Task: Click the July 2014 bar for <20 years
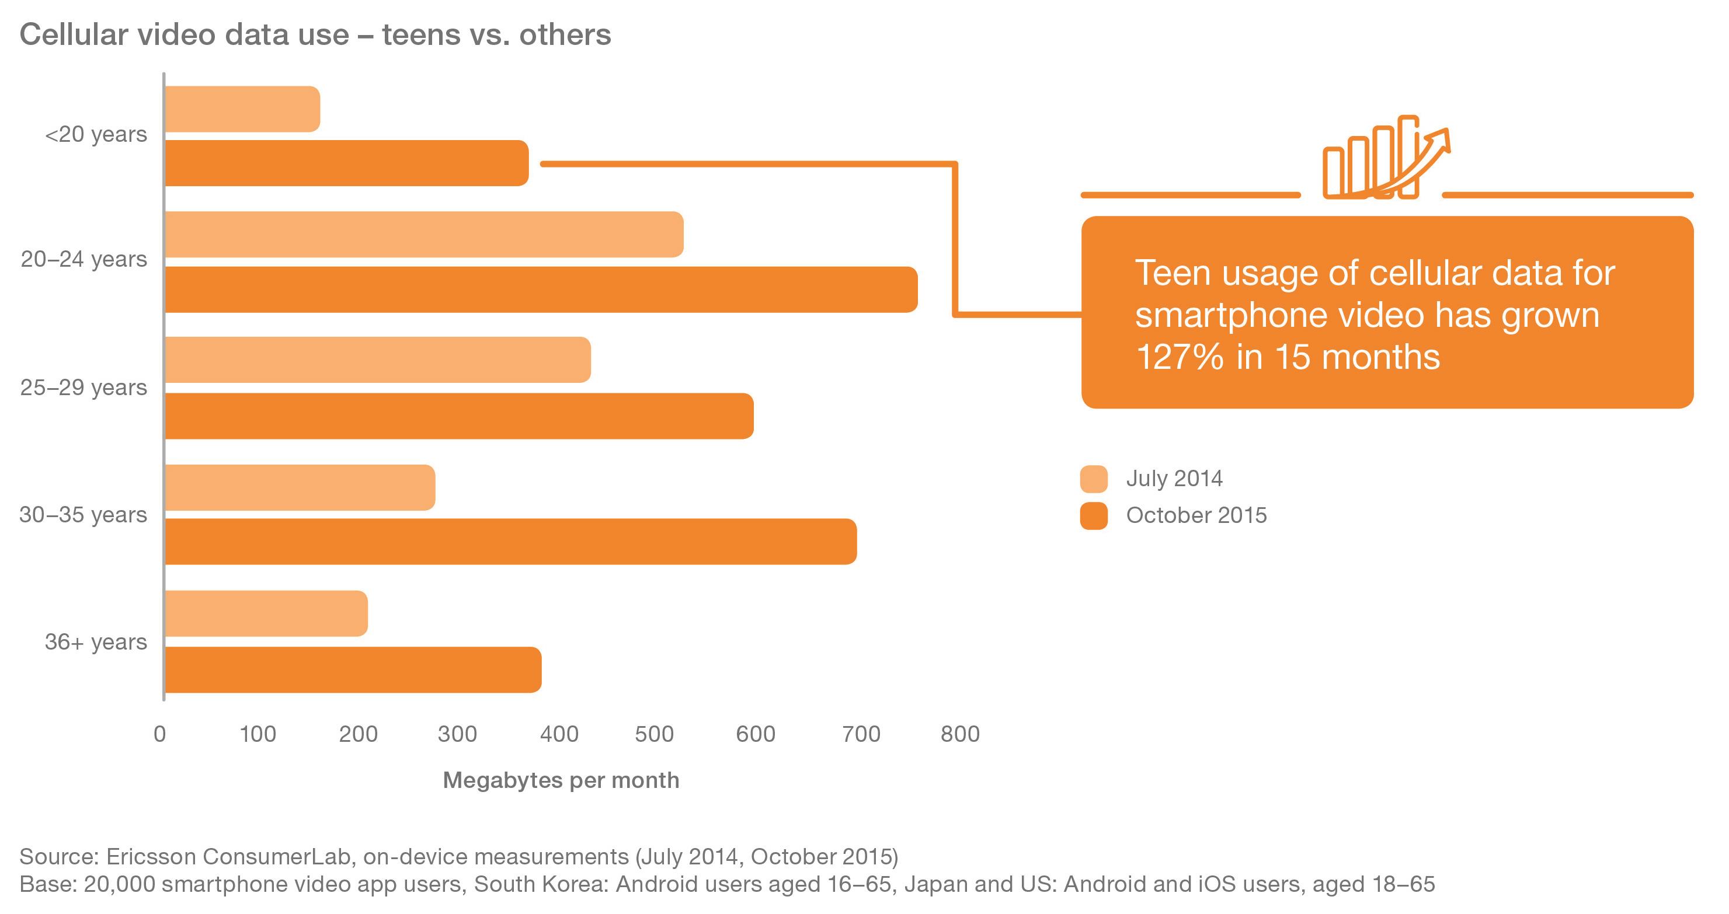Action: (x=242, y=109)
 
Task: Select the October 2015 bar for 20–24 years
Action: (x=540, y=289)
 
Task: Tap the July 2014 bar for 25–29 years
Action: (x=377, y=360)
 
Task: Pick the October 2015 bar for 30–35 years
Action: (x=510, y=541)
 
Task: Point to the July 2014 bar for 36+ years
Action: (x=266, y=613)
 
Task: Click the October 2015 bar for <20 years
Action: (x=346, y=163)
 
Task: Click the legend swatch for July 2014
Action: (x=1093, y=479)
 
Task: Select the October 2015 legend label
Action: (x=1196, y=515)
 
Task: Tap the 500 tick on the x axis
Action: (x=654, y=734)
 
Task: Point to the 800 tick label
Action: (x=960, y=734)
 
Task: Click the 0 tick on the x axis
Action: (x=160, y=734)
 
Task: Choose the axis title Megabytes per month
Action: (x=561, y=780)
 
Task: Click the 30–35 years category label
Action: (x=84, y=515)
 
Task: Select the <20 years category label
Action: (x=96, y=134)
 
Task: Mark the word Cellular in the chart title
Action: (x=74, y=35)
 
